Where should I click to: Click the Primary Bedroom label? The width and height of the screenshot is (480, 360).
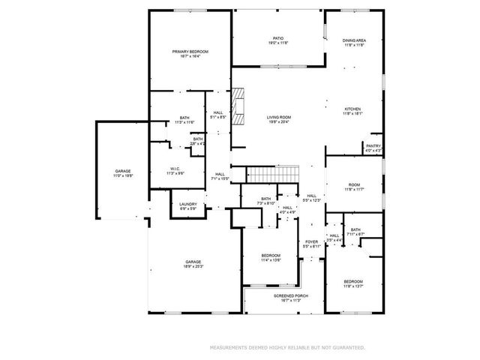tap(190, 53)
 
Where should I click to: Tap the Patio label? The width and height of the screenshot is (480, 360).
tap(277, 40)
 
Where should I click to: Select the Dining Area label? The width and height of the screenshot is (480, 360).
tap(354, 42)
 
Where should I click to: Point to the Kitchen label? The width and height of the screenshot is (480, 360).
tap(353, 112)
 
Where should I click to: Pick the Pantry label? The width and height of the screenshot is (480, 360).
tap(373, 148)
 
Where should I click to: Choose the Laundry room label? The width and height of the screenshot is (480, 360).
tap(187, 206)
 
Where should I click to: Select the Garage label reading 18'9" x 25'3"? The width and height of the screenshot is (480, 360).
tap(193, 264)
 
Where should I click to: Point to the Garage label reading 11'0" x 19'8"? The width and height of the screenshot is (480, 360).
tap(123, 173)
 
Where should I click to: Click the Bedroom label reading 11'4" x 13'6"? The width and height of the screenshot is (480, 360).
tap(271, 257)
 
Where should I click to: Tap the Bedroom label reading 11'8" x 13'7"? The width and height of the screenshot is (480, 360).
tap(353, 283)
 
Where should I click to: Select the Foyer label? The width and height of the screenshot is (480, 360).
tap(311, 244)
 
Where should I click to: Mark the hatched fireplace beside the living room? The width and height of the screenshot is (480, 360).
tap(239, 107)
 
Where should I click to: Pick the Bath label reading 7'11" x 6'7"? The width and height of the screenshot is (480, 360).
tap(355, 232)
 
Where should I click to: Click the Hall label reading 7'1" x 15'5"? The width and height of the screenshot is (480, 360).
tap(220, 177)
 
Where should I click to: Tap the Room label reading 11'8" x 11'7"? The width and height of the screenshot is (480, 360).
tap(353, 187)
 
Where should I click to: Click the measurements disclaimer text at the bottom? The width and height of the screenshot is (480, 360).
tap(287, 348)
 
